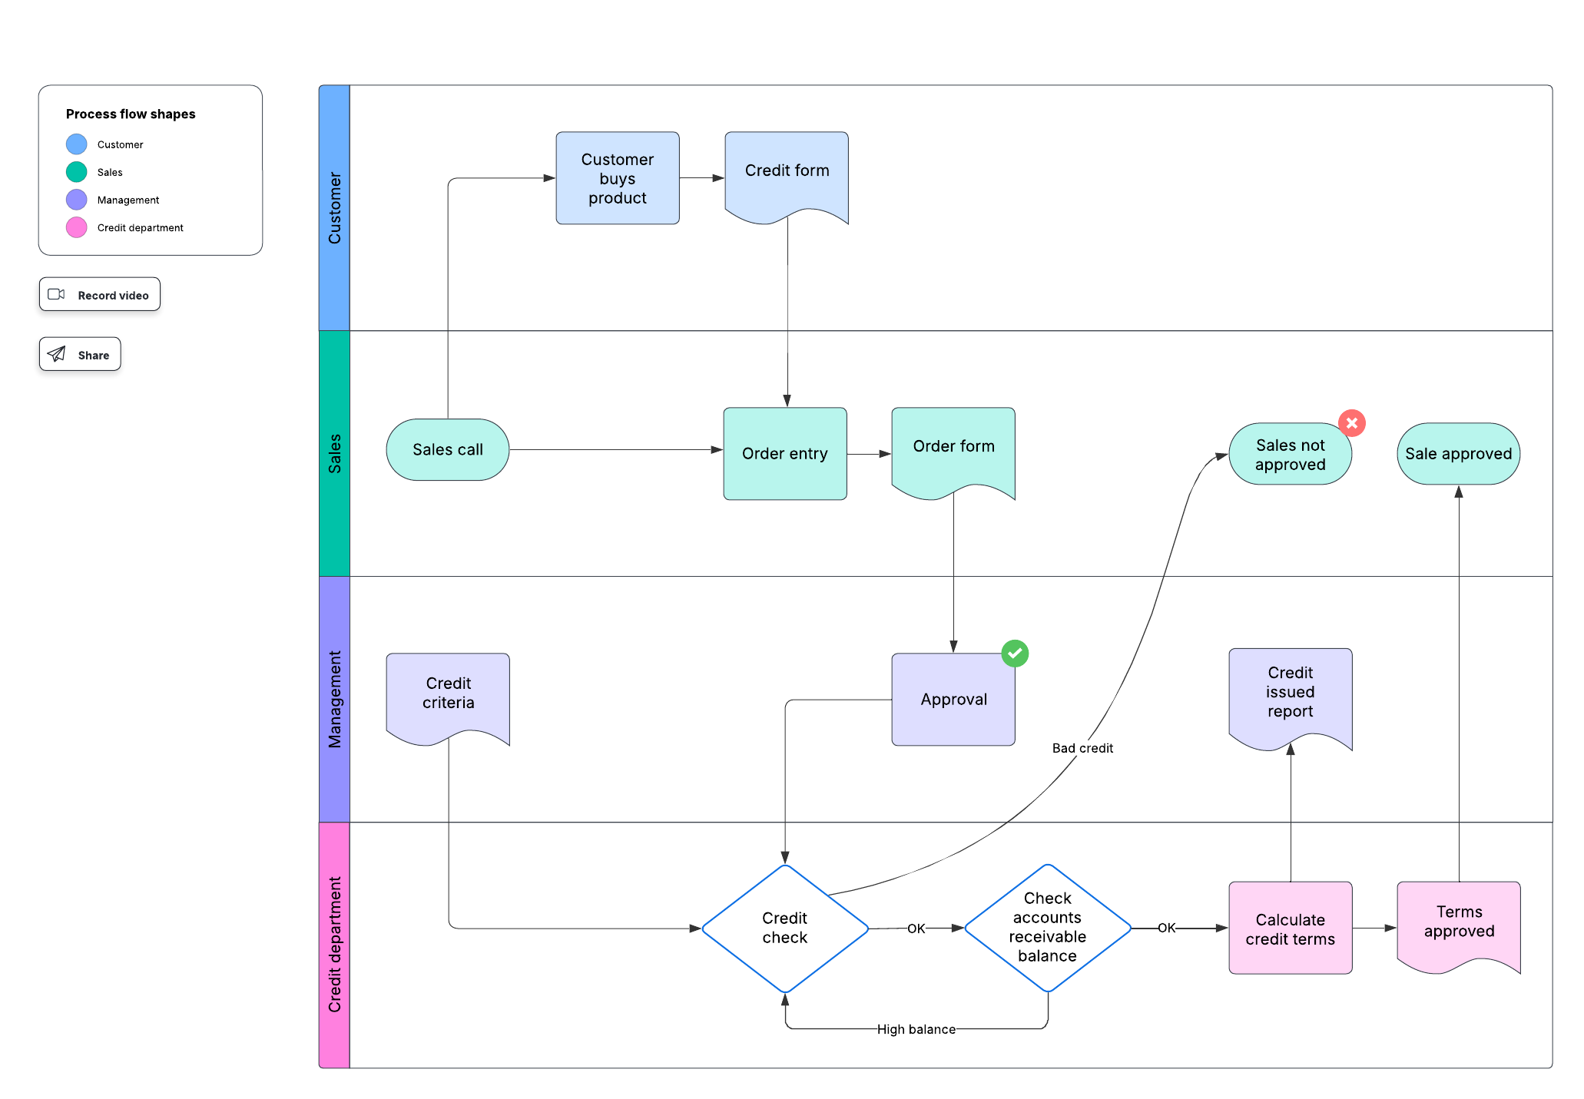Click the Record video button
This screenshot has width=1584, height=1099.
tap(100, 295)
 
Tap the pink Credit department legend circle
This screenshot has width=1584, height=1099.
tap(77, 227)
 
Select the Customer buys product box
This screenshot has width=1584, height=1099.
tap(617, 178)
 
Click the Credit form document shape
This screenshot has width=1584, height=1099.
tap(787, 173)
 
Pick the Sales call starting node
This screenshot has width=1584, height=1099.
tap(447, 450)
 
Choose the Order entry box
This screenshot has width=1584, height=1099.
tap(784, 454)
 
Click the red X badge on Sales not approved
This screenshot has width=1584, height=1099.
tap(1351, 423)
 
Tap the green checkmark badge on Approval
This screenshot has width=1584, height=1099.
tap(1014, 654)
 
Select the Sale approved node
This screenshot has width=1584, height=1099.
tap(1458, 454)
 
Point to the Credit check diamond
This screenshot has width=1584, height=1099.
tap(784, 928)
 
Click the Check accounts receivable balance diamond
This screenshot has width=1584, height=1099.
tap(1047, 928)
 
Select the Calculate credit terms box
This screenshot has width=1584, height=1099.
tap(1290, 929)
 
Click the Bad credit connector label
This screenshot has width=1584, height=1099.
tap(1082, 748)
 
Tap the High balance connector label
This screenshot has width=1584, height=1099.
tap(916, 1029)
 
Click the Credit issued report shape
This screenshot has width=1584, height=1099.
tap(1290, 693)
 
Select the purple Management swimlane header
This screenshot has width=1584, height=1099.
tap(334, 699)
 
